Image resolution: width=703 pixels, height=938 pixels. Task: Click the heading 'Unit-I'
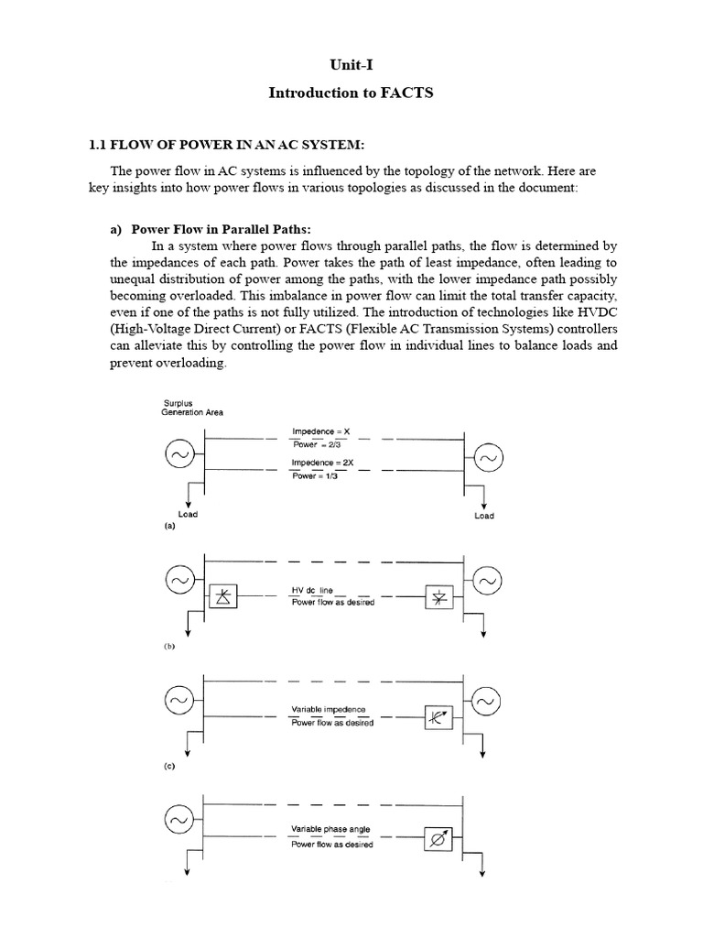click(x=351, y=67)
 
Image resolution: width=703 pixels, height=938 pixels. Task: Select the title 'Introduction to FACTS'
click(x=351, y=93)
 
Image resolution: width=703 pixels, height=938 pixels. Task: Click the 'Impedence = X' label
click(x=314, y=431)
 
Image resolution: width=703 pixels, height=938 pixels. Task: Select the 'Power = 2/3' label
click(x=314, y=444)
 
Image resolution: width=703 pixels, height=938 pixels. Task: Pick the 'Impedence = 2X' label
click(x=317, y=463)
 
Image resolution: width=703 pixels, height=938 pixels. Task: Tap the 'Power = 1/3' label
click(x=314, y=476)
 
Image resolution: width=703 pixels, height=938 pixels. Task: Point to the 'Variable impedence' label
click(x=328, y=710)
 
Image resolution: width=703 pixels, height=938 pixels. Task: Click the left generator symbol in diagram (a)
click(x=178, y=455)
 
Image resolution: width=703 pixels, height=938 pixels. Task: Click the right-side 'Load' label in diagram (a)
click(x=484, y=516)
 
